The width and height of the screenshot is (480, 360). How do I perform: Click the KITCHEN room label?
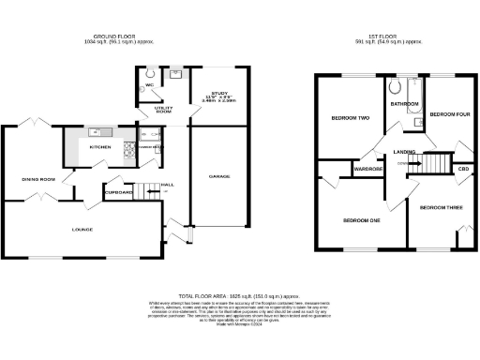(99, 147)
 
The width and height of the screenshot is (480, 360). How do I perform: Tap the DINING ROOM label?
(39, 179)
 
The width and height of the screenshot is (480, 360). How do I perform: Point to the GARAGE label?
(219, 176)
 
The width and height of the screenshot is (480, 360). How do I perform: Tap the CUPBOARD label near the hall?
(119, 192)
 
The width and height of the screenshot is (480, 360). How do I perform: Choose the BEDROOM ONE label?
(361, 220)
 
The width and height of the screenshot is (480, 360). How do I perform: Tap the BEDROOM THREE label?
(439, 207)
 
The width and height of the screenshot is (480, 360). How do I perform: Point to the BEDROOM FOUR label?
(447, 113)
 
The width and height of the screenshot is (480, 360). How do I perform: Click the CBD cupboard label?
(462, 169)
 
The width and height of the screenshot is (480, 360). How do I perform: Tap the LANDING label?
(406, 151)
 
